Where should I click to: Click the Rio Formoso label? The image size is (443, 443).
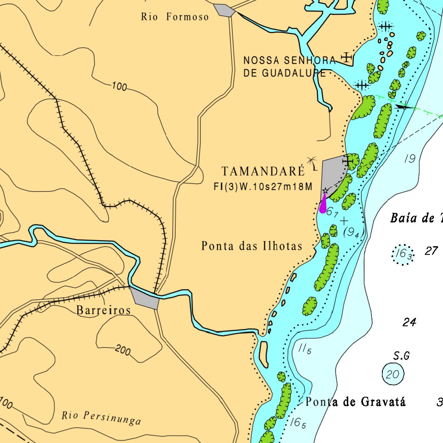[x=175, y=17]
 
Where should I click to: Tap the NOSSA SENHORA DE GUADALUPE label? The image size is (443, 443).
[x=289, y=67]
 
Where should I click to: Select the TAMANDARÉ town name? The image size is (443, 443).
[x=263, y=171]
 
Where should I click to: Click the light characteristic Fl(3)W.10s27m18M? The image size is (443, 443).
[x=263, y=186]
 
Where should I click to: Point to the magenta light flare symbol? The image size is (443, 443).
[x=323, y=204]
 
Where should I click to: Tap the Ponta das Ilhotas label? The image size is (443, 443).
[x=252, y=246]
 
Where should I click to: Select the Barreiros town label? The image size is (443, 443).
[x=103, y=310]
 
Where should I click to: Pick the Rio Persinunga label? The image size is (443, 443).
[x=101, y=417]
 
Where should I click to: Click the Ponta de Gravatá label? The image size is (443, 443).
[x=356, y=402]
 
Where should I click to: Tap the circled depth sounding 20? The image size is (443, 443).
[x=393, y=374]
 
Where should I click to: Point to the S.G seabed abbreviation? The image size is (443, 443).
[x=401, y=356]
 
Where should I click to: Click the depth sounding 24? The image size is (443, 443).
[x=409, y=322]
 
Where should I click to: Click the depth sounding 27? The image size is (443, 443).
[x=431, y=251]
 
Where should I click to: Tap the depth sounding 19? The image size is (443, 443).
[x=409, y=159]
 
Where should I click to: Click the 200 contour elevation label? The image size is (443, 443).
[x=123, y=350]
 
